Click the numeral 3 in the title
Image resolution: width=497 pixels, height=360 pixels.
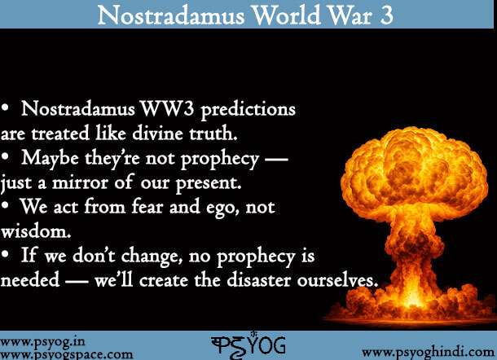385,15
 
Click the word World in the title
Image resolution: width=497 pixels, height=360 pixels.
287,15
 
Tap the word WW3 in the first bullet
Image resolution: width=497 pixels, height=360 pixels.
167,108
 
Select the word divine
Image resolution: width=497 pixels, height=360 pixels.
157,133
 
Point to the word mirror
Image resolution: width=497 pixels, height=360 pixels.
80,183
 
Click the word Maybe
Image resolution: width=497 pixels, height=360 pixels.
50,158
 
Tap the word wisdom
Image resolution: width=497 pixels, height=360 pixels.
36,231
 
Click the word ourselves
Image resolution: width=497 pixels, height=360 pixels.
337,280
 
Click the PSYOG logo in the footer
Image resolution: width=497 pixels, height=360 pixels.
248,345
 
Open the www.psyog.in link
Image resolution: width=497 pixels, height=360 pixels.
42,342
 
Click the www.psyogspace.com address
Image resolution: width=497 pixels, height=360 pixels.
66,354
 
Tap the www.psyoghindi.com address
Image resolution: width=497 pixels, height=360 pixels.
429,352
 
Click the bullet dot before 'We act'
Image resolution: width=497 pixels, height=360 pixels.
5,205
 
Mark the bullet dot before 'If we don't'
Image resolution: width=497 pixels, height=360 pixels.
5,254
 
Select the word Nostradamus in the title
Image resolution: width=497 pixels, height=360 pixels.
171,15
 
